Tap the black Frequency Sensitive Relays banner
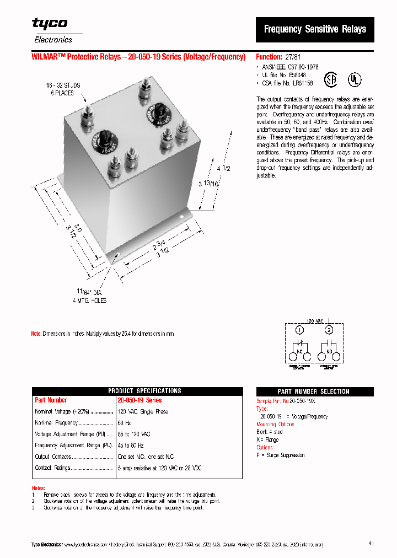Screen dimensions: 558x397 (315, 29)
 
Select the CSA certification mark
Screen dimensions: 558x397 (330, 78)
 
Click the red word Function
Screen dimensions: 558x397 (269, 57)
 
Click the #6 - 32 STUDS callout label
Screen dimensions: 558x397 (62, 85)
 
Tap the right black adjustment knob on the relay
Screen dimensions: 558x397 (155, 114)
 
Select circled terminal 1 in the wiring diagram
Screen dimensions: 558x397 (299, 330)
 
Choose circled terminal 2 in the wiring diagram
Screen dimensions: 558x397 (329, 330)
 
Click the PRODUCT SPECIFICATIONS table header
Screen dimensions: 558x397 (137, 391)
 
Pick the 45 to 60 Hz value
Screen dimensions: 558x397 (130, 445)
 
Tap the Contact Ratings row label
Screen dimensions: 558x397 (52, 468)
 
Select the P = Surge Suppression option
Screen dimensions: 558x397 (280, 455)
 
